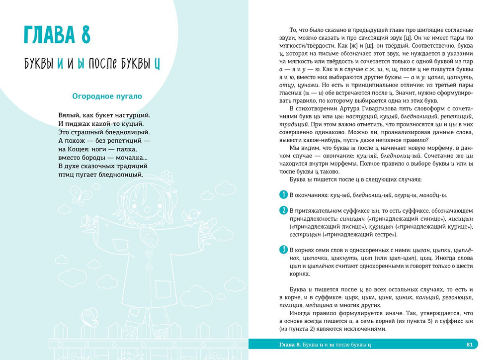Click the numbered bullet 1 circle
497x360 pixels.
click(x=283, y=194)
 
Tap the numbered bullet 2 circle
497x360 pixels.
click(x=283, y=210)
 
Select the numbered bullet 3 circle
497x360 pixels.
click(x=283, y=250)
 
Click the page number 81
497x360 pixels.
click(x=470, y=344)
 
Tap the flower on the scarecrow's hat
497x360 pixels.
click(x=168, y=176)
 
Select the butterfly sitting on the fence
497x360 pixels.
click(x=89, y=315)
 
